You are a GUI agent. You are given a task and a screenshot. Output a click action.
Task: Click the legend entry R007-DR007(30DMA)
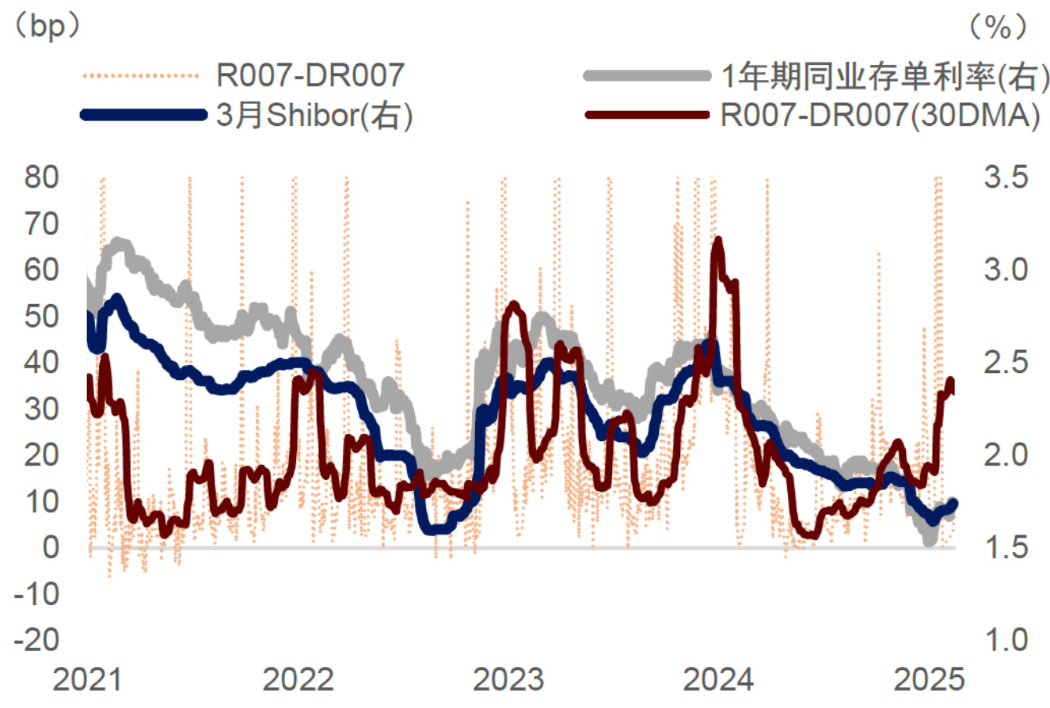tap(878, 115)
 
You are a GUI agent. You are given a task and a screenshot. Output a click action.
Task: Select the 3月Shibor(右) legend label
tap(314, 115)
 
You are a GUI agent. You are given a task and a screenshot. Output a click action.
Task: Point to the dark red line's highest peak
tap(717, 241)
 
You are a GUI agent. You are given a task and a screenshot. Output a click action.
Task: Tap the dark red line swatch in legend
tap(645, 115)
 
